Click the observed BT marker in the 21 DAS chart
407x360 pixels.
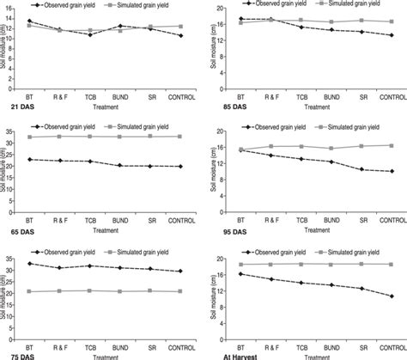(29, 21)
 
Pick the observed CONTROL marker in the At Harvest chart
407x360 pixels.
(392, 296)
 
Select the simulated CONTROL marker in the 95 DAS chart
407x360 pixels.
(392, 145)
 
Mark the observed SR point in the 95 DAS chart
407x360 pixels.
(361, 169)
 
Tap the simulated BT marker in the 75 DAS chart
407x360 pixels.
(30, 292)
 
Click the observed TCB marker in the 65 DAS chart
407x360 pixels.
(90, 162)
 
